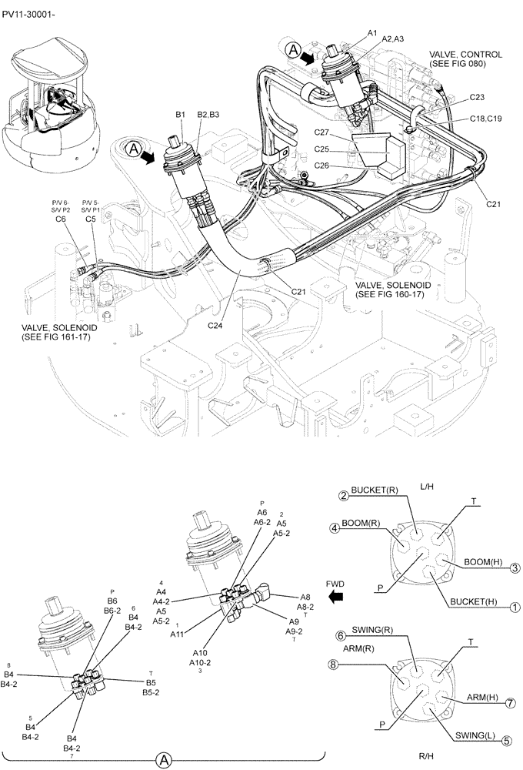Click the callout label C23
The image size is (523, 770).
coord(476,98)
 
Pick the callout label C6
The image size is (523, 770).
coord(61,219)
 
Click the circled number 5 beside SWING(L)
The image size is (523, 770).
coord(507,741)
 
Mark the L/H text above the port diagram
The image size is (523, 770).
coord(428,487)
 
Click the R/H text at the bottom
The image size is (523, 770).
coord(428,758)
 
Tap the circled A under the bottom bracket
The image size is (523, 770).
coord(164,760)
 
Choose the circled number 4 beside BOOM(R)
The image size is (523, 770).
coord(335,528)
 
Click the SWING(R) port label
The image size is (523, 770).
coord(373,631)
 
